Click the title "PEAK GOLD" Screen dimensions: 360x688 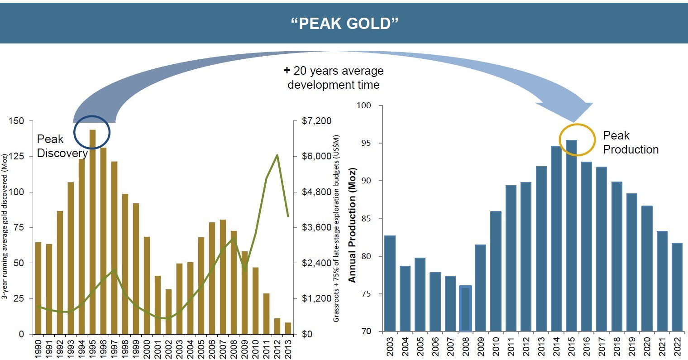click(344, 23)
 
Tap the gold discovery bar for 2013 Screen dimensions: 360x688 click(288, 328)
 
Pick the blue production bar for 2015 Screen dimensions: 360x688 click(572, 235)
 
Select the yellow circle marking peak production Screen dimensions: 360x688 click(577, 140)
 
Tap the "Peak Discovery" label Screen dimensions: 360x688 click(62, 146)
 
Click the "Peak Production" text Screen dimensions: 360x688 click(631, 143)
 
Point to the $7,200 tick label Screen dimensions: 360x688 click(316, 121)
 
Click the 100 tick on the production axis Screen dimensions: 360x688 click(363, 106)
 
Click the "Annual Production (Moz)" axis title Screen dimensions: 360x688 click(353, 225)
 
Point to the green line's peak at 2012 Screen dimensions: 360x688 click(277, 155)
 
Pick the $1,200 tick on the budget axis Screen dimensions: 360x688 click(316, 298)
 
